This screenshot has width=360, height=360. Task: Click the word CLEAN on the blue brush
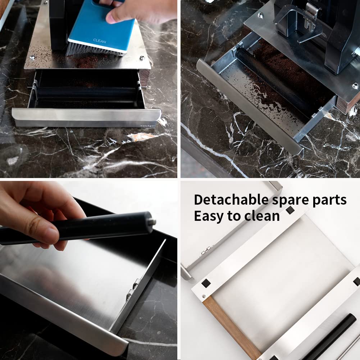click(100, 41)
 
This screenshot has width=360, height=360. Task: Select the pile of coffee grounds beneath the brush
click(86, 61)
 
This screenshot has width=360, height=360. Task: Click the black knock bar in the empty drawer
click(86, 93)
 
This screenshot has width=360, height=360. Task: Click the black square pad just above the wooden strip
click(206, 283)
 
